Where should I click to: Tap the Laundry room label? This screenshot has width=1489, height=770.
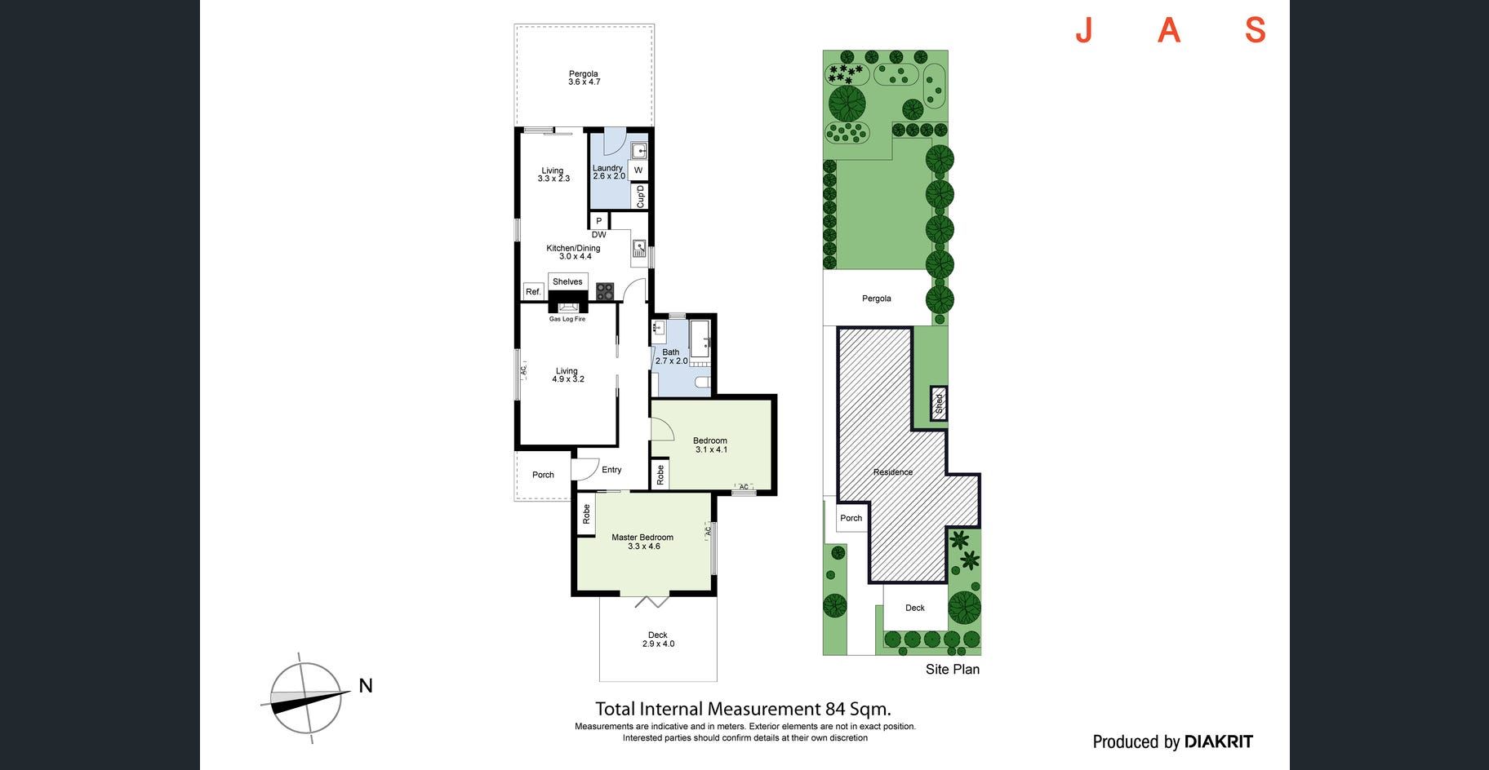click(607, 168)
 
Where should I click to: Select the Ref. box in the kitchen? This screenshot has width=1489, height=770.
click(533, 291)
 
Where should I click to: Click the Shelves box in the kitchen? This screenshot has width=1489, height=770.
click(567, 281)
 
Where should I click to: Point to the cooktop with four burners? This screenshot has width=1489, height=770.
click(604, 291)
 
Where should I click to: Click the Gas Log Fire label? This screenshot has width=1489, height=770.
click(567, 319)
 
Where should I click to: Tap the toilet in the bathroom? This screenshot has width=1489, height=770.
click(702, 382)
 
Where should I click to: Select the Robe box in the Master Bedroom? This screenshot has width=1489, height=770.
click(585, 514)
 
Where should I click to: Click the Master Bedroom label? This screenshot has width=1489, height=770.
click(642, 538)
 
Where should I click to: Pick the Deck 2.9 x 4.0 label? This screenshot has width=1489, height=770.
click(658, 639)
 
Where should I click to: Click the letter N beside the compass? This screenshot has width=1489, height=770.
click(366, 686)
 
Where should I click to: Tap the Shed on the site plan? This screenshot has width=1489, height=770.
click(939, 403)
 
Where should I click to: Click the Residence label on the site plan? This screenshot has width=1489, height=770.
click(893, 472)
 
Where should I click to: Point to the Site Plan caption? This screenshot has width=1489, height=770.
click(952, 670)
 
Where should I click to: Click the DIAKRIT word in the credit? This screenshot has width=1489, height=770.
click(1218, 741)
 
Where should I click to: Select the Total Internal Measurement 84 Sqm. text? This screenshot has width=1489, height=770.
click(743, 709)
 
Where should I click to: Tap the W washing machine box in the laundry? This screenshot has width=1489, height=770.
click(638, 170)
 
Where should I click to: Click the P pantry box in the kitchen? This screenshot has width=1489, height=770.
click(599, 221)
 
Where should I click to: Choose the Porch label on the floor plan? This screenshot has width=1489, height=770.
click(543, 475)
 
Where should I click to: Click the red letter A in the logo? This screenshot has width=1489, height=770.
click(1169, 30)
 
